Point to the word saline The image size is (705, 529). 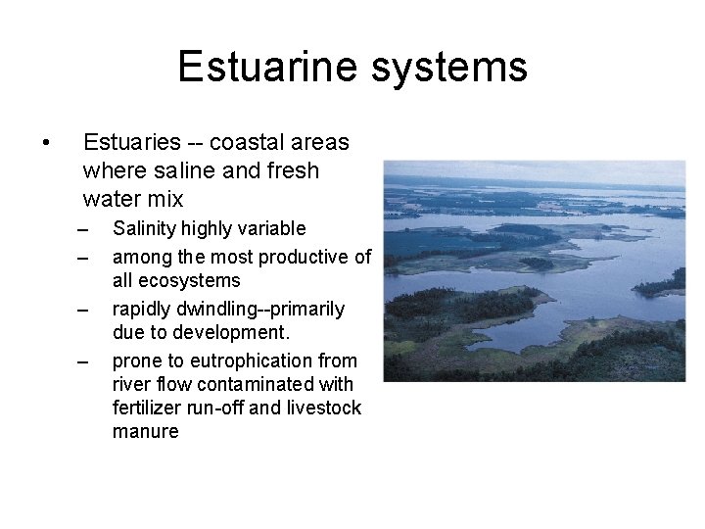click(x=178, y=170)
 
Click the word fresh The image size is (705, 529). click(x=292, y=170)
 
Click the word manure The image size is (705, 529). click(x=146, y=431)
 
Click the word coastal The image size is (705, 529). click(x=246, y=143)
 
